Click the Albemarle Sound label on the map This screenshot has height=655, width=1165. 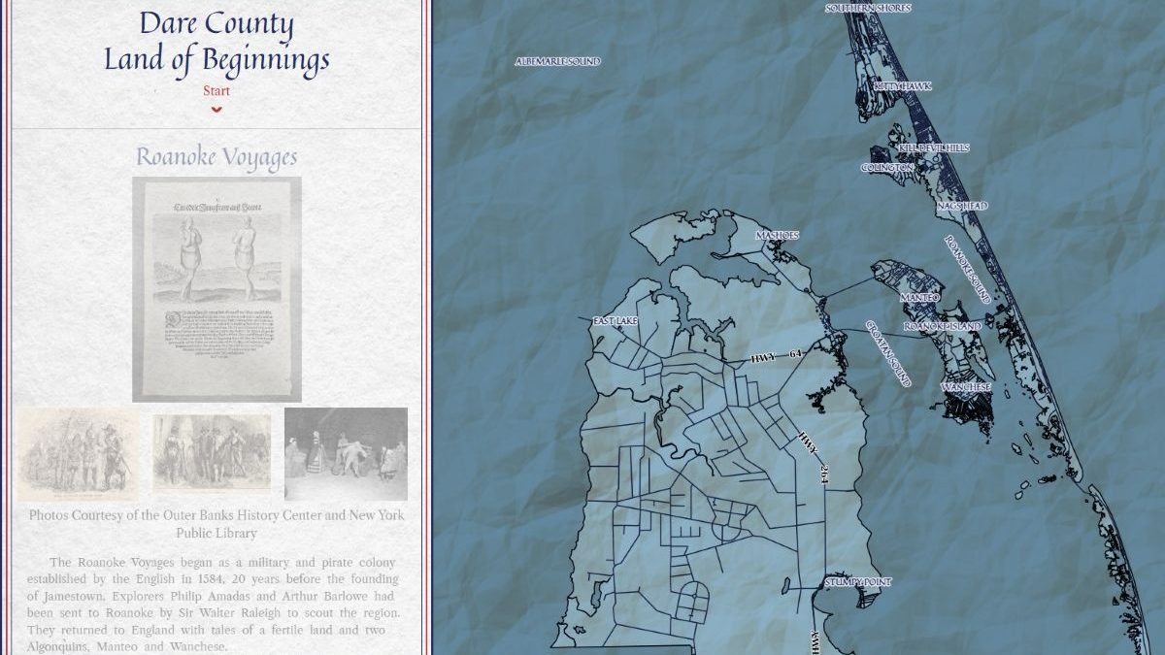tap(557, 61)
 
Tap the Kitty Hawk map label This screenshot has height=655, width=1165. tap(902, 86)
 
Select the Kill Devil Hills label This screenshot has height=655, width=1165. tap(933, 147)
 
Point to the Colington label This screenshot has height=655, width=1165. tap(887, 168)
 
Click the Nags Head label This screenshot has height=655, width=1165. tap(962, 207)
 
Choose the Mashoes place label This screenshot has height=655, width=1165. tap(777, 236)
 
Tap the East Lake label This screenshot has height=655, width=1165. tap(614, 320)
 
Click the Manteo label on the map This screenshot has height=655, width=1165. tap(919, 297)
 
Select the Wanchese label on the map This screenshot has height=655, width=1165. tap(965, 387)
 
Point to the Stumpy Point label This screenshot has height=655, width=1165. tap(857, 582)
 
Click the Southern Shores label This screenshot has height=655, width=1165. tap(868, 8)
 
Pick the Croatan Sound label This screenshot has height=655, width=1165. tap(888, 353)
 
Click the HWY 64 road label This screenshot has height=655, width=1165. tap(776, 357)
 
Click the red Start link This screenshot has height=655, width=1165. tap(216, 91)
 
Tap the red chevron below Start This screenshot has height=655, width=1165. tap(216, 109)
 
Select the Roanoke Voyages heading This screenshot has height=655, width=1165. tap(216, 157)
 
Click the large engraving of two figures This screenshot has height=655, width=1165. tap(216, 289)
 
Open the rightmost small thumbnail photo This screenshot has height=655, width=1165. tap(346, 454)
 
